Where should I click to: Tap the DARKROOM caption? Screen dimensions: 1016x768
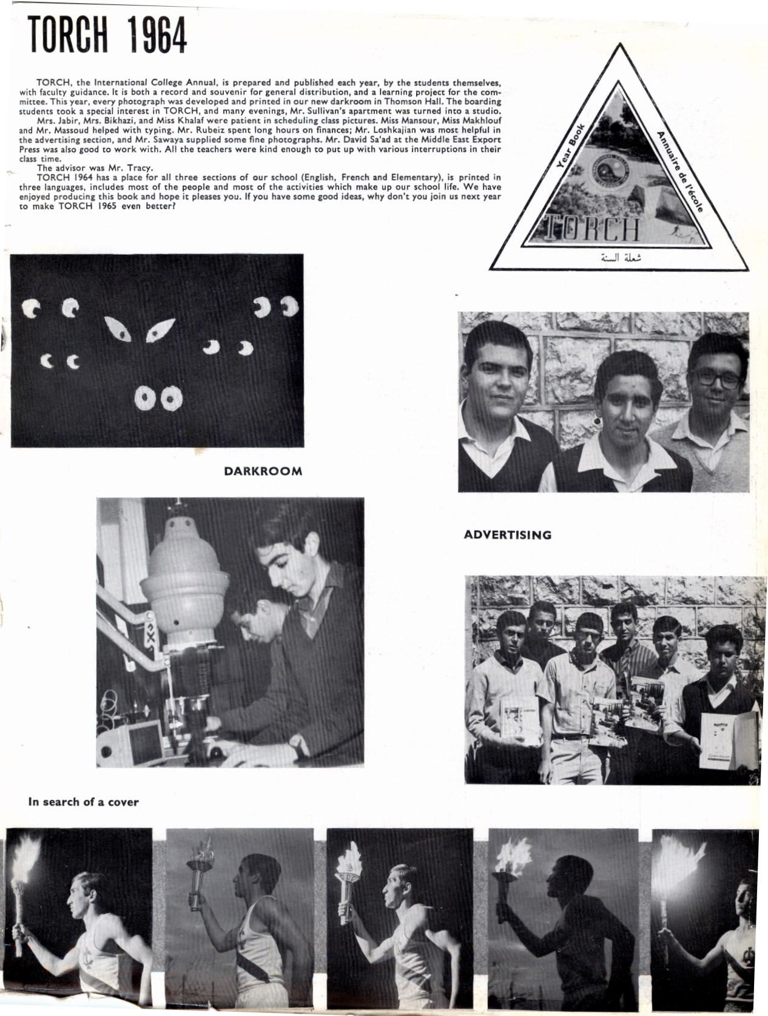point(263,471)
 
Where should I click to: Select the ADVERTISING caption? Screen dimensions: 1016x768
point(507,534)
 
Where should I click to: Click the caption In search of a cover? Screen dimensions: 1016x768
point(84,802)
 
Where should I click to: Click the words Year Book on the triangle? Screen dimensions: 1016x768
point(569,149)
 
